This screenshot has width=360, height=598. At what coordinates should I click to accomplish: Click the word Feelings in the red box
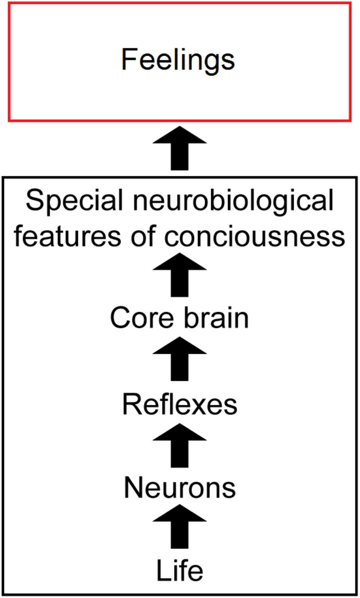coord(178,60)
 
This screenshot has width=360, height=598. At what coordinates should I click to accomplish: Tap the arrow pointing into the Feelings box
coord(180,148)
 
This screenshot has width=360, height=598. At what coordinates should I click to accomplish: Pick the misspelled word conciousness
coord(255,237)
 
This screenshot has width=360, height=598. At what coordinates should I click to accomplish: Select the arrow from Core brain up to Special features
coord(180,275)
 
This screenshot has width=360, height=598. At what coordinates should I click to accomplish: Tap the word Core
coord(142,318)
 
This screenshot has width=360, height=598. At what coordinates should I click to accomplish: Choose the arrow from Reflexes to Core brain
coord(180,359)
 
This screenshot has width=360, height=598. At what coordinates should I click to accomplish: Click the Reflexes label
coord(180,404)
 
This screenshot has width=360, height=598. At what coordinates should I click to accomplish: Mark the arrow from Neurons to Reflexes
coord(180,446)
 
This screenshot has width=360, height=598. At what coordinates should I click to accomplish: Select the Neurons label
coord(180,488)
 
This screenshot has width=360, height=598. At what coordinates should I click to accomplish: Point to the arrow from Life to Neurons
coord(180,527)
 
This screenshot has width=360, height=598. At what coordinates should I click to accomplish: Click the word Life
coord(180,571)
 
